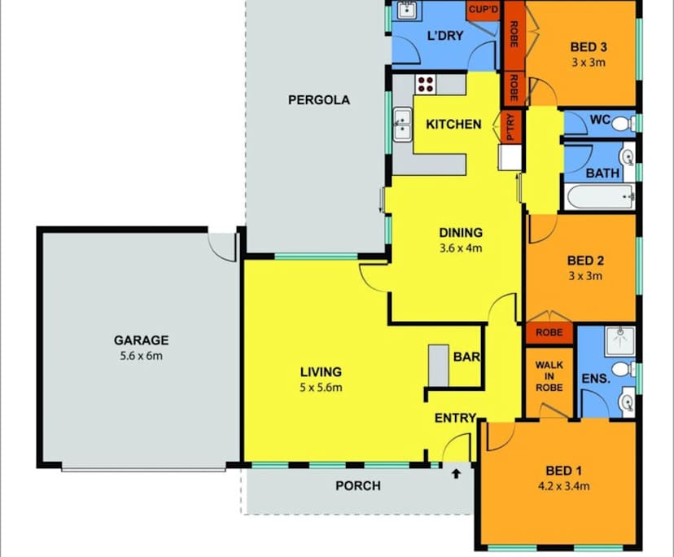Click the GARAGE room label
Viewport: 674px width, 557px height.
(x=141, y=340)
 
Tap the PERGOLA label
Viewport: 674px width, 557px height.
(x=319, y=100)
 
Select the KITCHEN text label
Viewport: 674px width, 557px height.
(x=453, y=125)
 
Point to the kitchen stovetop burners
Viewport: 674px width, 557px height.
(x=427, y=84)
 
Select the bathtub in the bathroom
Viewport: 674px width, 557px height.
(x=599, y=196)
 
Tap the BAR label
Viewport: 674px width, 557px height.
(x=465, y=357)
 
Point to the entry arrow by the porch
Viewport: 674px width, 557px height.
(x=456, y=472)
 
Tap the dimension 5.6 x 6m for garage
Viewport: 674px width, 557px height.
(x=141, y=355)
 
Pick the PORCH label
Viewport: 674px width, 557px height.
(x=358, y=486)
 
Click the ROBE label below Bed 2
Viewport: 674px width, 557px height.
(x=548, y=332)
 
